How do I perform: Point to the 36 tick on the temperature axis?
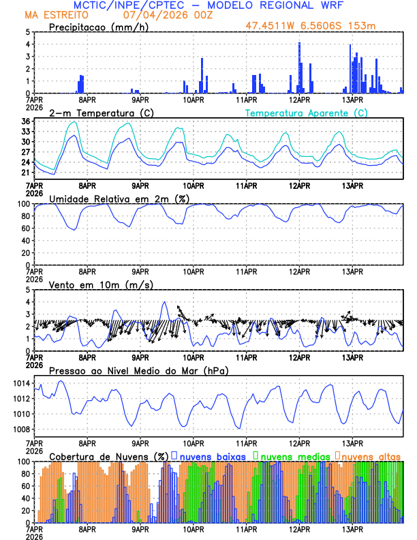click(26, 121)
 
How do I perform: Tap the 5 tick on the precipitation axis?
click(28, 32)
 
